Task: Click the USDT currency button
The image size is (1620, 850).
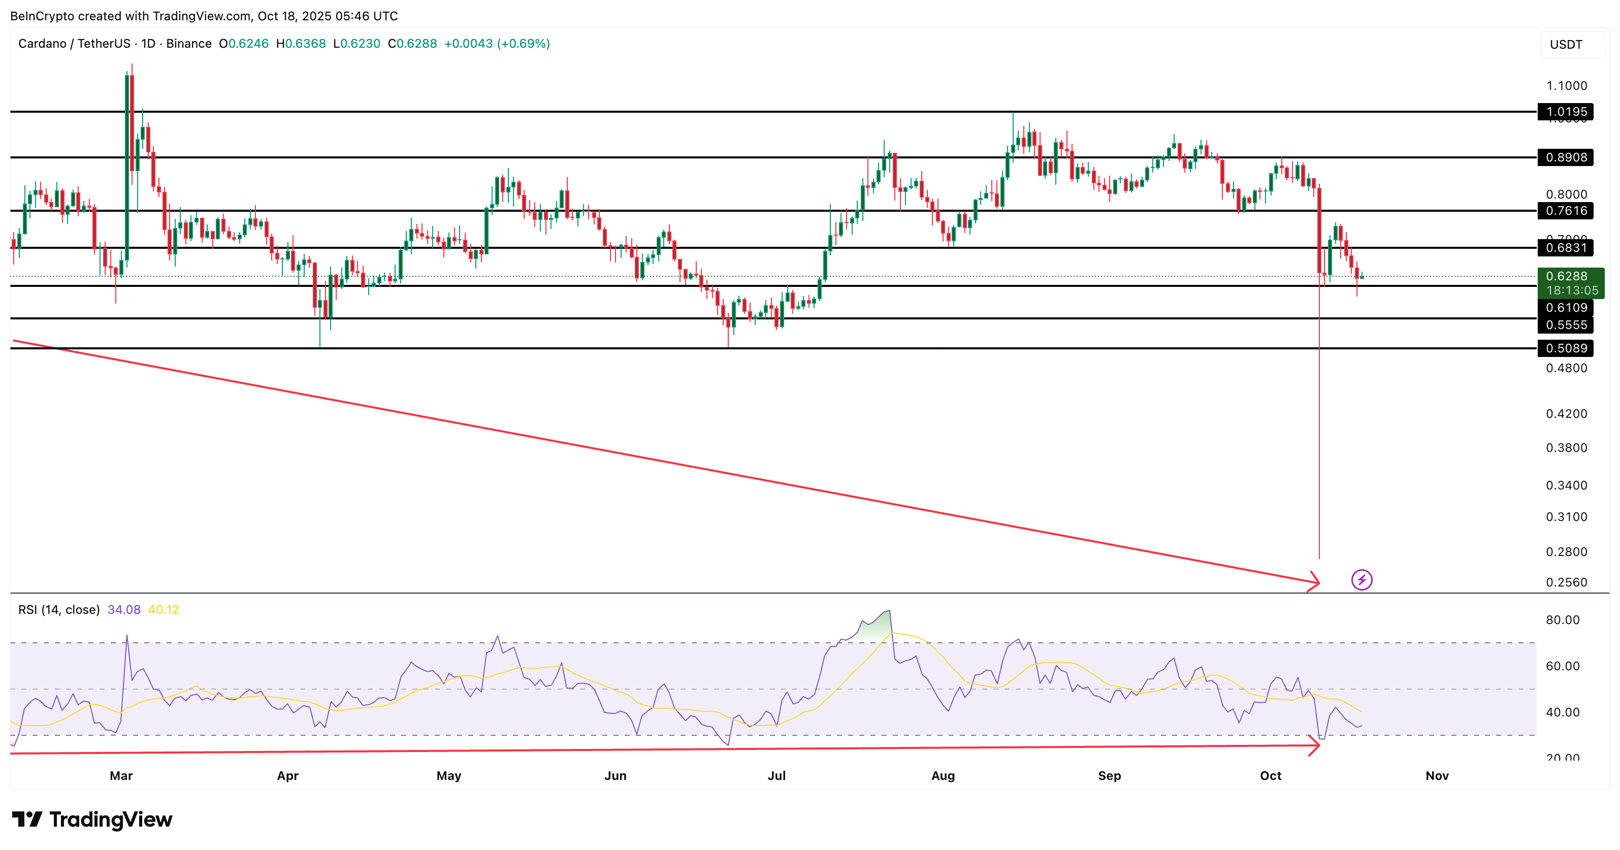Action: click(1566, 45)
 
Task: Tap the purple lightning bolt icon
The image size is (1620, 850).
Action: click(1362, 580)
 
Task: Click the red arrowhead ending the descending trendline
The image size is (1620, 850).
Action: click(1314, 581)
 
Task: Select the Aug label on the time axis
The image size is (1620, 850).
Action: click(943, 776)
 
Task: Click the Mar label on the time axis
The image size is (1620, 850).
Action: click(121, 776)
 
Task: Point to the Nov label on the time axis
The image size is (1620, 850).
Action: click(1437, 776)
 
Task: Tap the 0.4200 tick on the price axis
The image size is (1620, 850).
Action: click(1566, 414)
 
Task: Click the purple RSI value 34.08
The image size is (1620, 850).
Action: click(124, 610)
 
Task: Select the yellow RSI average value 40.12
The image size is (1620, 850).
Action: click(164, 610)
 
